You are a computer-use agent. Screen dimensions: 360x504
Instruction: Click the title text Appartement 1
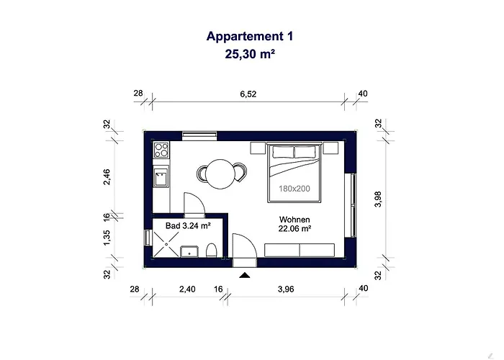(250, 36)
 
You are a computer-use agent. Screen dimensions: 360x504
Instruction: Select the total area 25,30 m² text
(250, 53)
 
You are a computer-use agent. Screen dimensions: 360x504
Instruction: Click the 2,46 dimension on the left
(107, 176)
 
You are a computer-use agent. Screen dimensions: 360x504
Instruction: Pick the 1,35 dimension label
(107, 238)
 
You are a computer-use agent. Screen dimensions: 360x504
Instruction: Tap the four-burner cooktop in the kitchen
(161, 151)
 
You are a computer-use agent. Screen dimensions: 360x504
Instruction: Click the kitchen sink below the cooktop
(161, 176)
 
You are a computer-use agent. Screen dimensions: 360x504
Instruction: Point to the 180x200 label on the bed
(294, 188)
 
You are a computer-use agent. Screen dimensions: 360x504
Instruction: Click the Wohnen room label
(294, 220)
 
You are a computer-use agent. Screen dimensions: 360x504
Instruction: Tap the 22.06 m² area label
(294, 230)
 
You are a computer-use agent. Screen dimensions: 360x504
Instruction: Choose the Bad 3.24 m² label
(188, 226)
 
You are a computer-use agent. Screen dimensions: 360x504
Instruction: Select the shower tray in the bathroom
(165, 245)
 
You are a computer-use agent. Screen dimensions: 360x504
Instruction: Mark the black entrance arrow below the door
(245, 274)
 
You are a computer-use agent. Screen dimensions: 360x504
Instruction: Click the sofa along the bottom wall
(299, 250)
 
